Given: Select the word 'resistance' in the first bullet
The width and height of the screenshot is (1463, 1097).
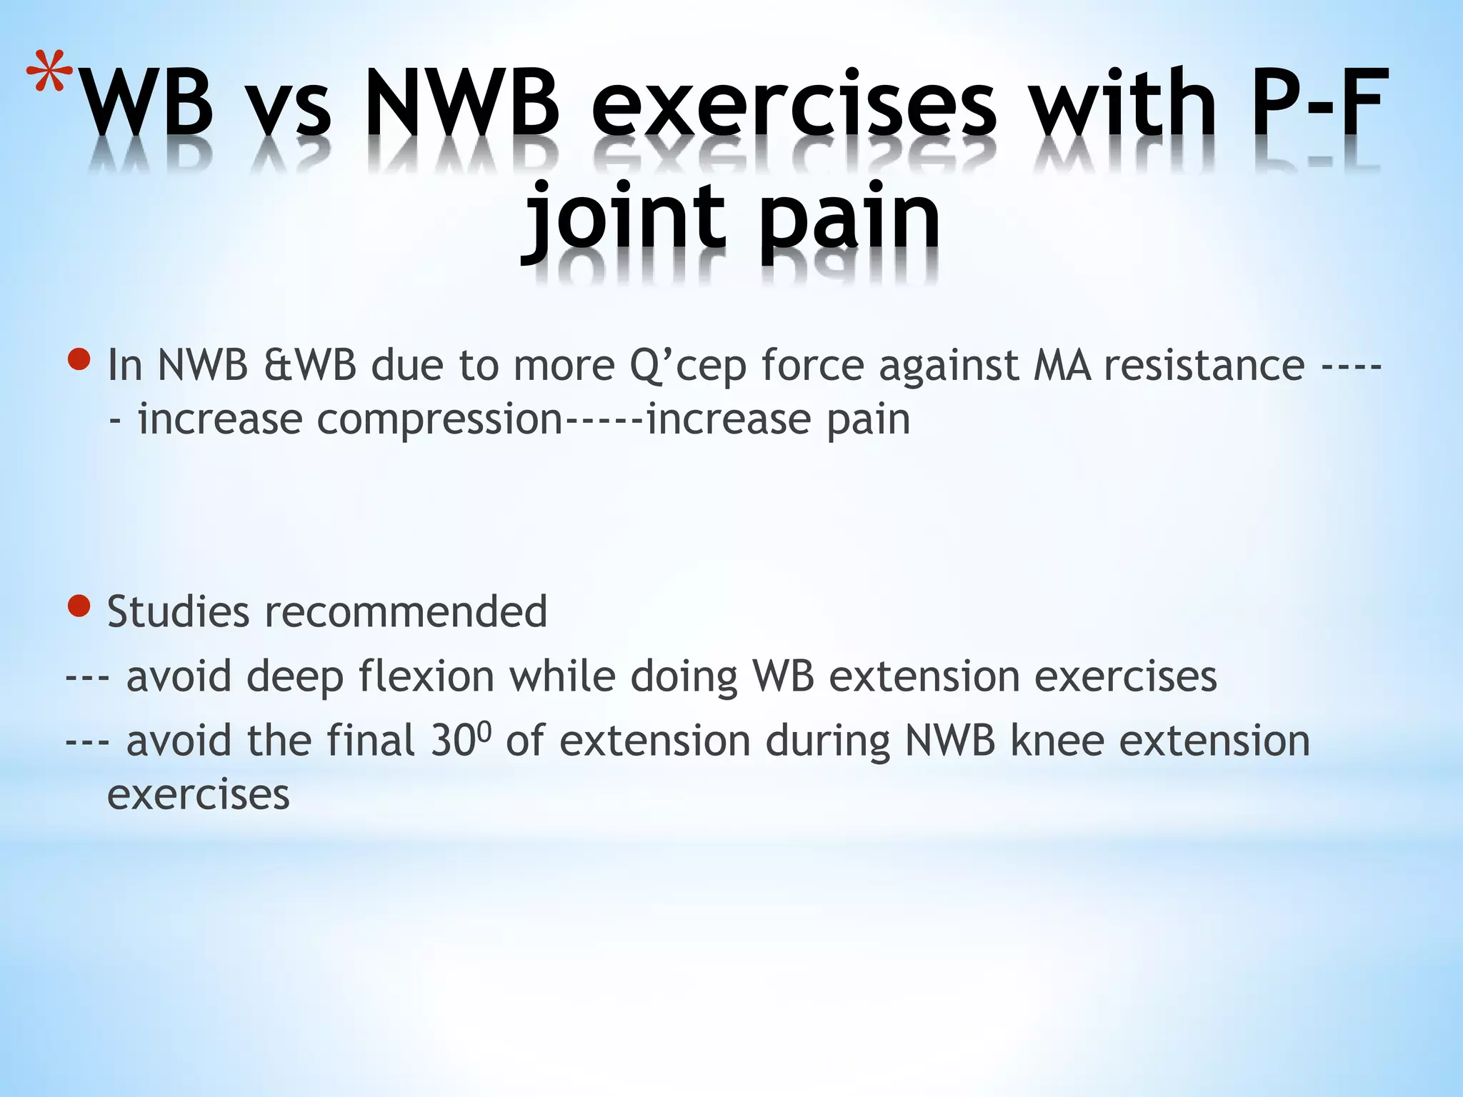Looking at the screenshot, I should click(x=1204, y=365).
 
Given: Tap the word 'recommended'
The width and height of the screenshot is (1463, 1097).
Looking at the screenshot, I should click(x=406, y=612).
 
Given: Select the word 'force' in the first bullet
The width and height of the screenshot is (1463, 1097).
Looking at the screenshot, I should click(x=812, y=365).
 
